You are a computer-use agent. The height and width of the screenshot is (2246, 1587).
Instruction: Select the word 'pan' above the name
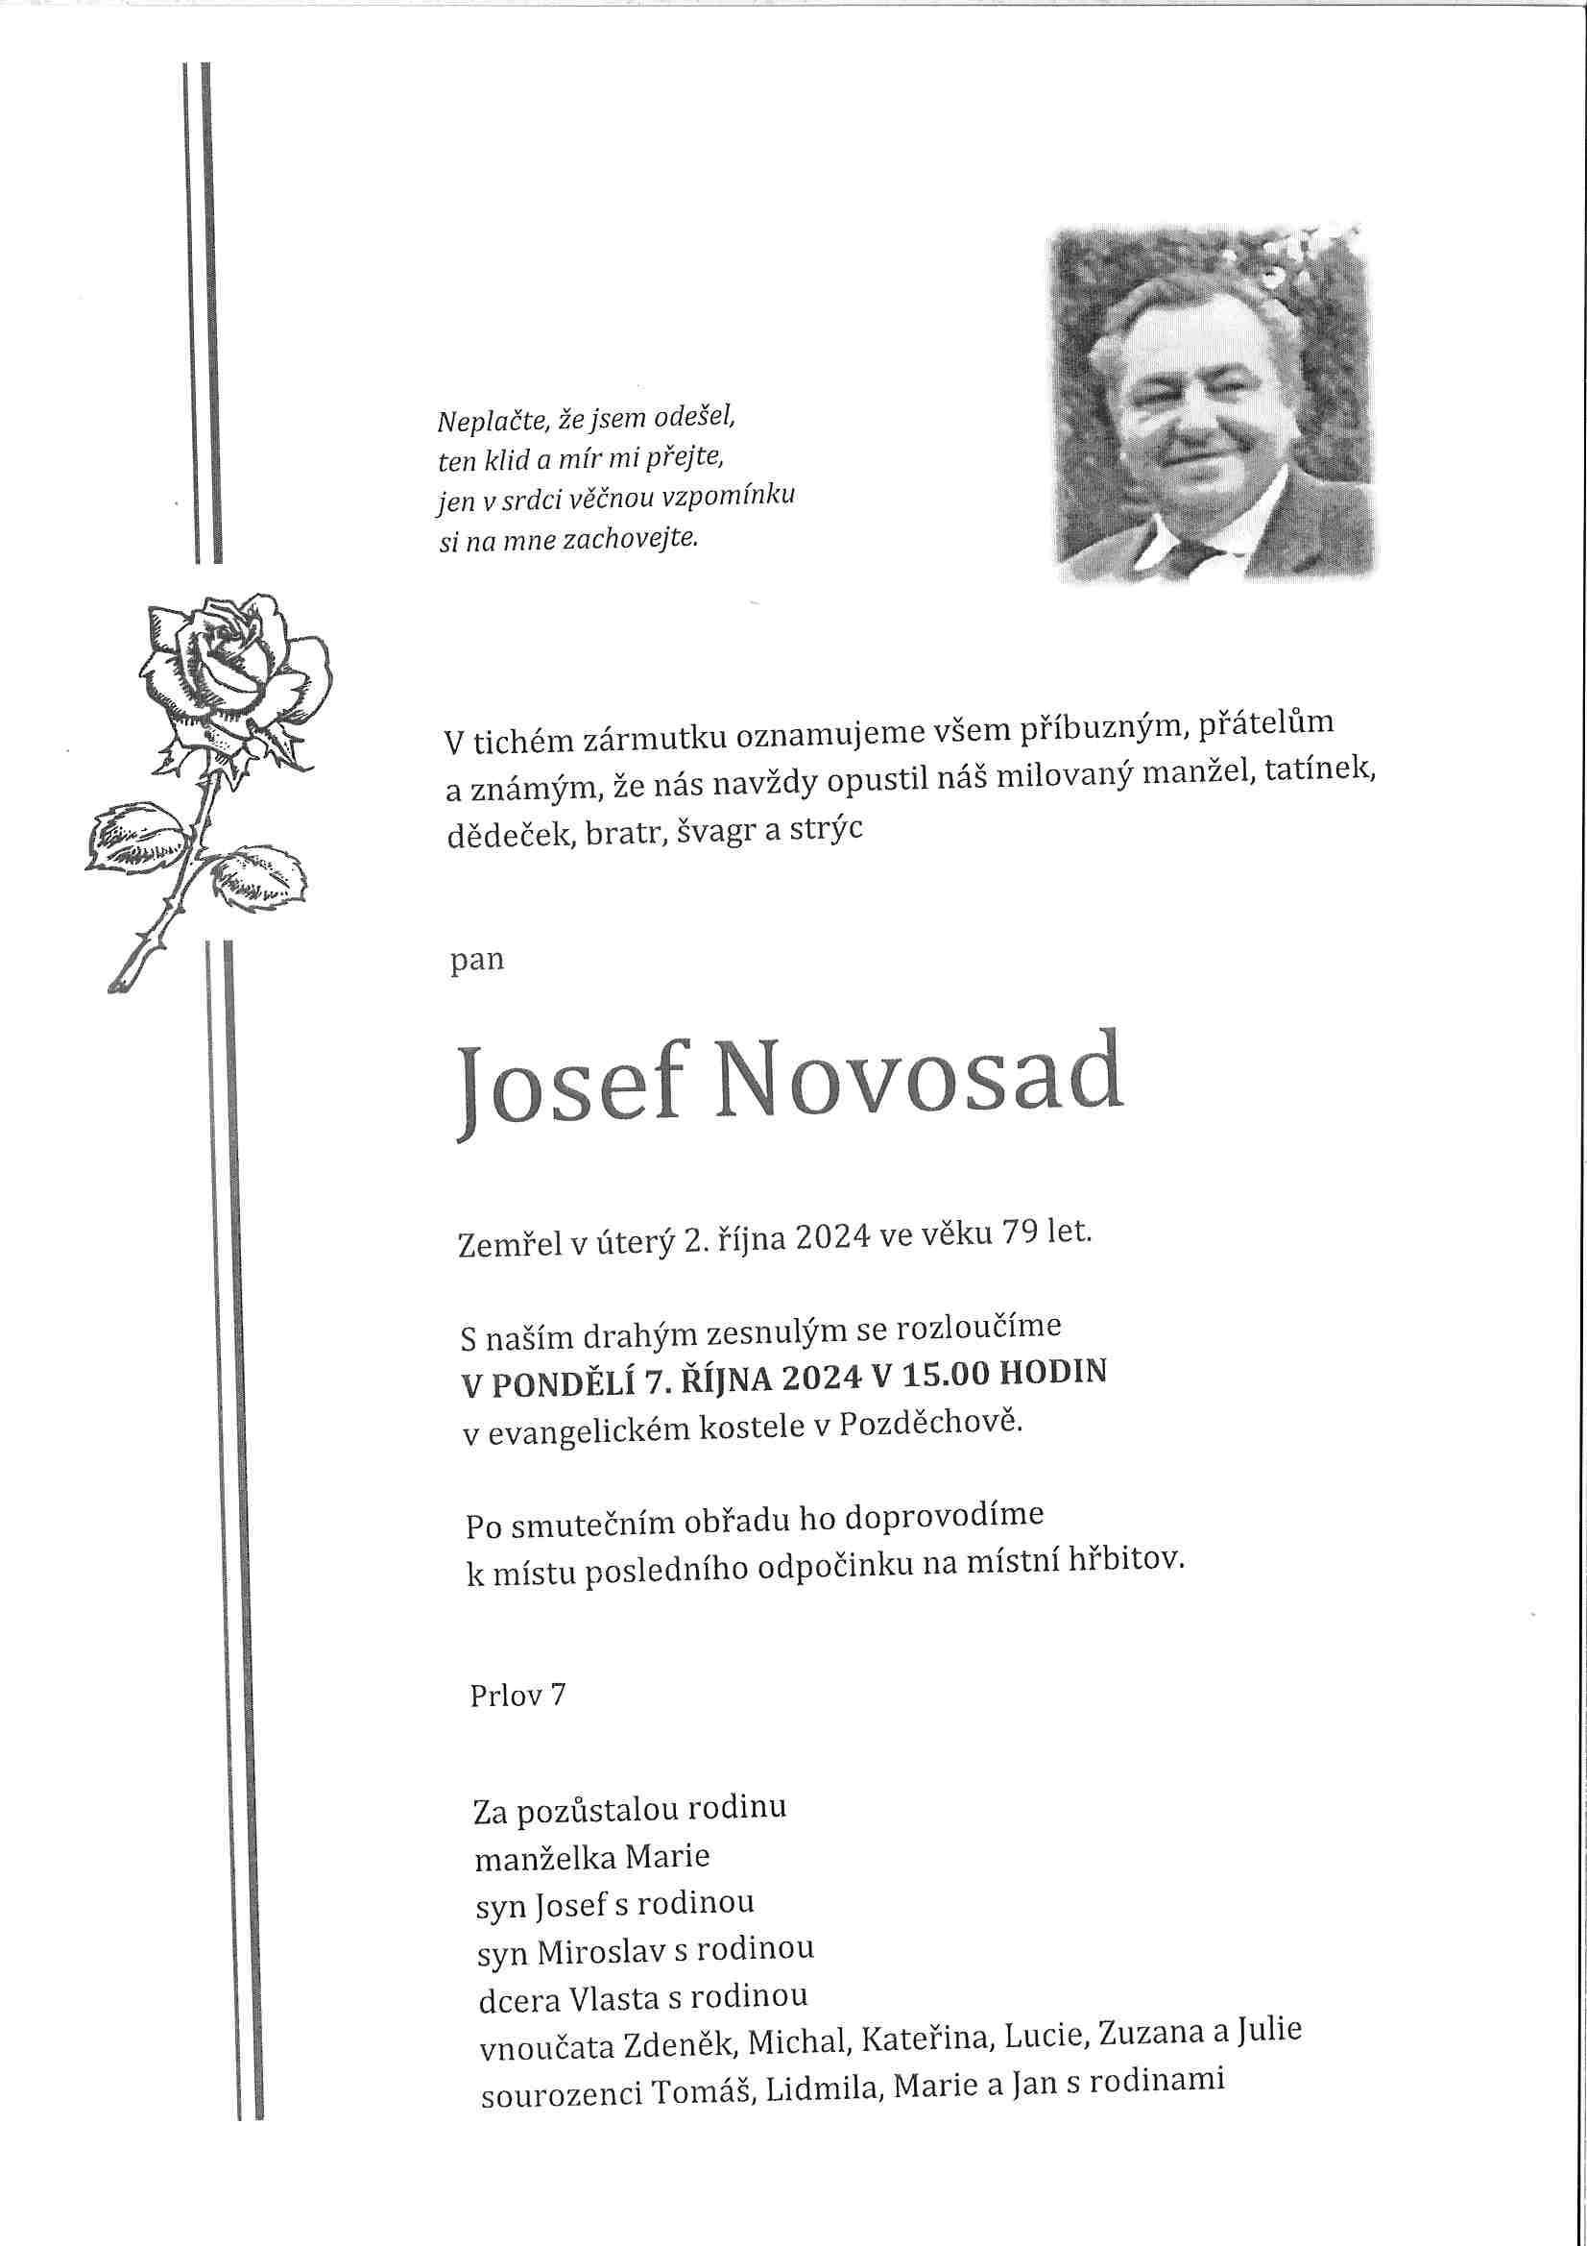(476, 960)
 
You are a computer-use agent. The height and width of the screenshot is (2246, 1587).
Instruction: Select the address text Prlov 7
(517, 1695)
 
